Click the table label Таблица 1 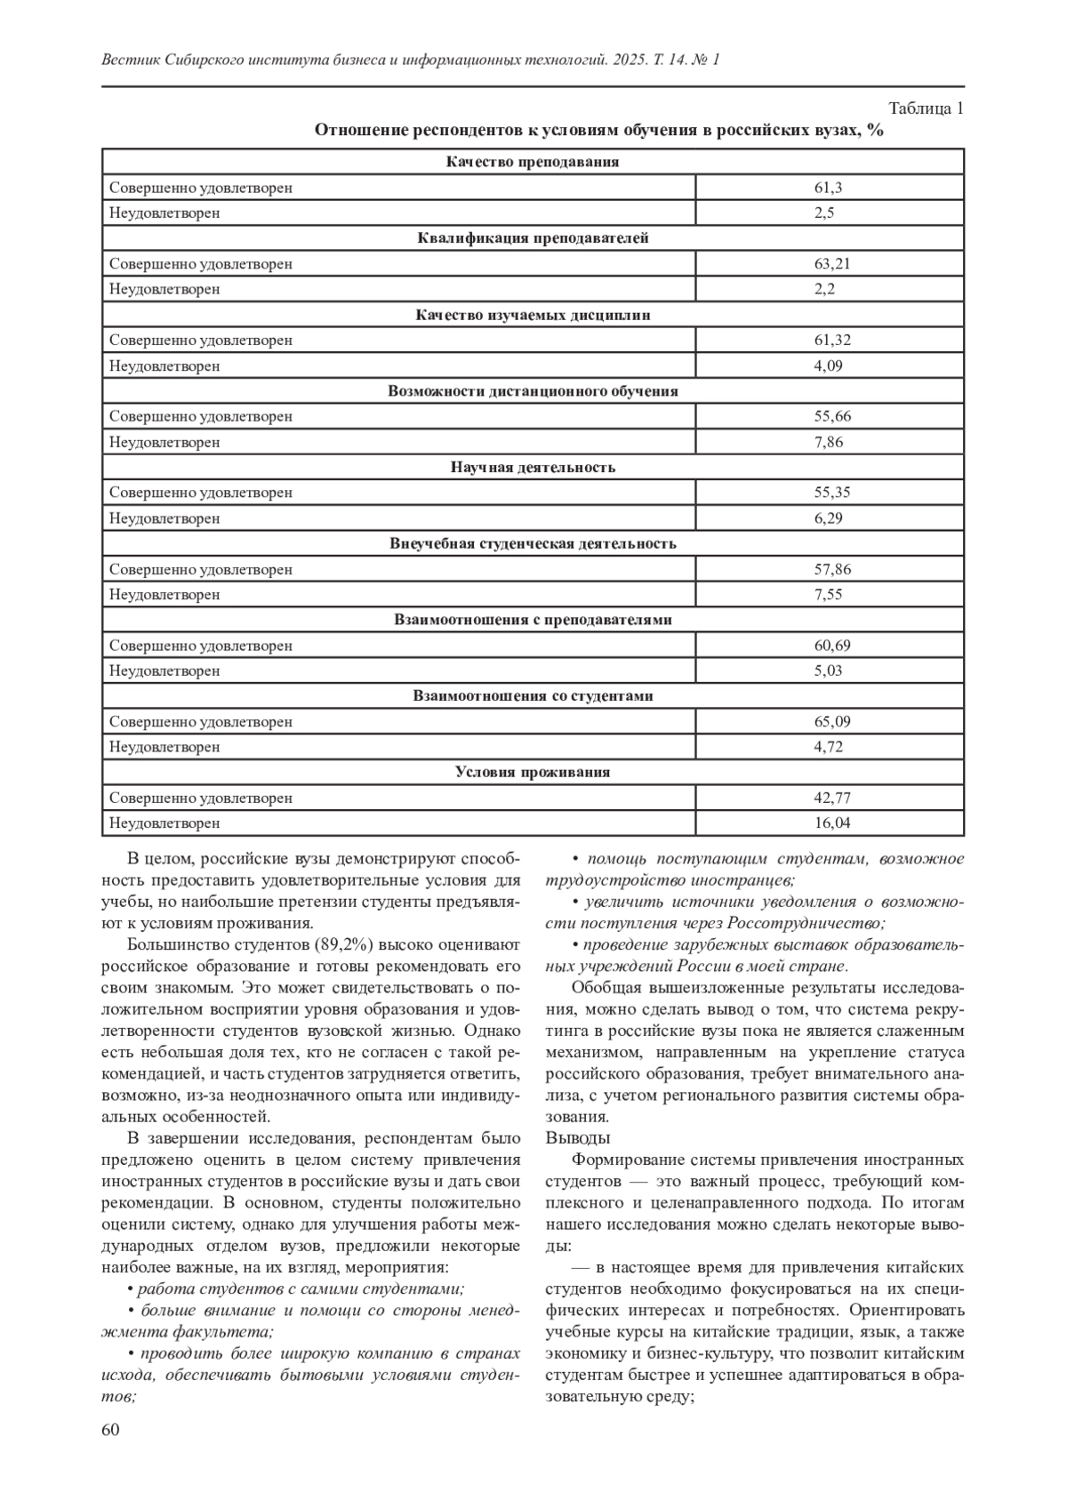coord(926,109)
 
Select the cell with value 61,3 coord(828,188)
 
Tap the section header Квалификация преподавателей coord(533,238)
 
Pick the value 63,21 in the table coord(831,264)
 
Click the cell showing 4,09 coord(828,365)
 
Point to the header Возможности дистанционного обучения coord(533,391)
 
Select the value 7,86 coord(828,442)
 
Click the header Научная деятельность coord(533,467)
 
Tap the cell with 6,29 coord(828,518)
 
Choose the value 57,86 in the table coord(831,569)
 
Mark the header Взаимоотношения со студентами coord(533,696)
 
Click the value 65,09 coord(831,722)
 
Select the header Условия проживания coord(533,772)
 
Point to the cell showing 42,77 coord(831,798)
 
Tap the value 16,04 coord(831,823)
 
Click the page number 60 coord(111,1430)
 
